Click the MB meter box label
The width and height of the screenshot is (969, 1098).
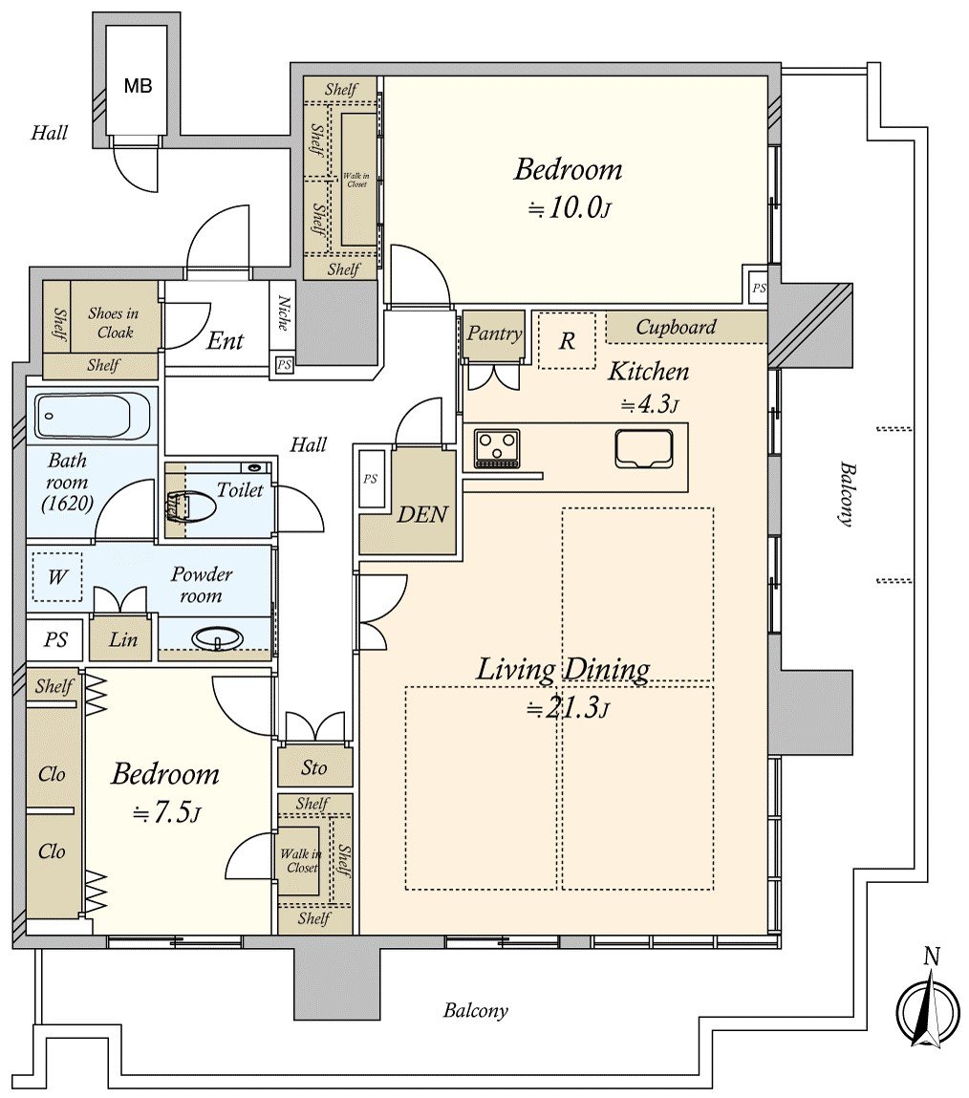point(138,86)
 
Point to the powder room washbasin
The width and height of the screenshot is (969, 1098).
point(218,638)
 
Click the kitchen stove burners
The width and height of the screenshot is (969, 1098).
point(497,448)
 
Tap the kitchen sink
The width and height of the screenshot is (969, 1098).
point(644,448)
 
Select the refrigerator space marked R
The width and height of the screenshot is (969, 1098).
point(567,340)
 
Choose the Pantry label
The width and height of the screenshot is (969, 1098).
point(494,334)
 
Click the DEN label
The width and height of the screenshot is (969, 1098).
point(422,515)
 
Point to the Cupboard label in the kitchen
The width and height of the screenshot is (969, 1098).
point(676,327)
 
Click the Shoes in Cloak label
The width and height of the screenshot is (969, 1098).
point(114,323)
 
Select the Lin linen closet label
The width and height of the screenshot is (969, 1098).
point(123,638)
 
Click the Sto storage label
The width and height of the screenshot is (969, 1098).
point(313,767)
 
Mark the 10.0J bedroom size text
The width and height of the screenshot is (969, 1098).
point(570,207)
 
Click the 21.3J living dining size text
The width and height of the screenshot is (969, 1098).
point(568,709)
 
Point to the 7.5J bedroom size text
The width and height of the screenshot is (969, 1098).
point(167,812)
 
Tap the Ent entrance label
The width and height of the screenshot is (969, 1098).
point(225,341)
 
